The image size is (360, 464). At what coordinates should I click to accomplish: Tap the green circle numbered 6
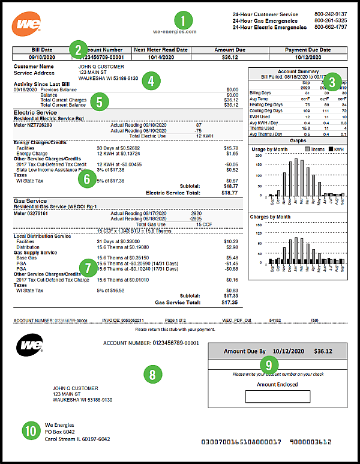pyautogui.click(x=88, y=178)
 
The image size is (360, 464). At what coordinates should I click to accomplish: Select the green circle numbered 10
pyautogui.click(x=30, y=430)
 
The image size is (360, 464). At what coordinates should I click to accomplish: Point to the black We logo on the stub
pyautogui.click(x=30, y=347)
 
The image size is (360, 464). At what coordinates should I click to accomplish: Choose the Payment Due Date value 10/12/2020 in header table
pyautogui.click(x=308, y=58)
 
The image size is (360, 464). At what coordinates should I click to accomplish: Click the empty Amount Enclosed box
pyautogui.click(x=277, y=396)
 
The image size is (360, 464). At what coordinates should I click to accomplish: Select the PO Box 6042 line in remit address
pyautogui.click(x=61, y=432)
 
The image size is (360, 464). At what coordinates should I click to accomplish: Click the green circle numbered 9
pyautogui.click(x=269, y=363)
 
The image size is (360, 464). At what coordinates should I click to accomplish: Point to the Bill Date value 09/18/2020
pyautogui.click(x=39, y=58)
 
